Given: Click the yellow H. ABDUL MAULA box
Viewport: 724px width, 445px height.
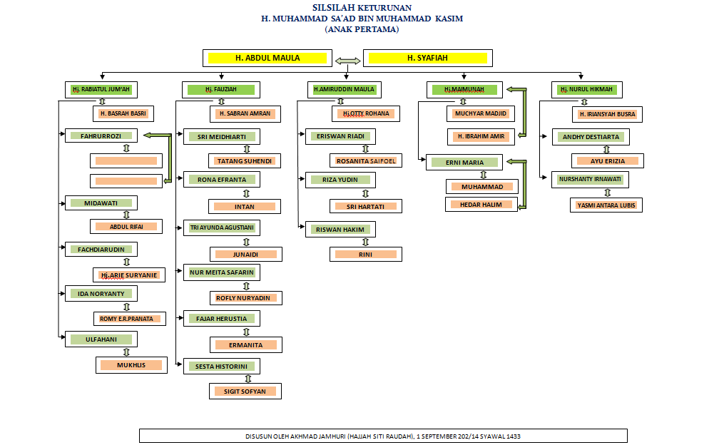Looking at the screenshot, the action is point(267,58).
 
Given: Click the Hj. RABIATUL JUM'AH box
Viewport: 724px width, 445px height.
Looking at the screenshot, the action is point(101,90).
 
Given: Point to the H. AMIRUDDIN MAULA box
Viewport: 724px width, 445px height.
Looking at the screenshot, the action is point(344,90).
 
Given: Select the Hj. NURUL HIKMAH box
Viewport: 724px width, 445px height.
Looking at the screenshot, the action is point(586,90).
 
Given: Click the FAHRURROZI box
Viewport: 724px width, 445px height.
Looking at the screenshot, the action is point(100,135).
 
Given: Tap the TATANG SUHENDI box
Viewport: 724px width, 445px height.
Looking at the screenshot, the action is point(245,161).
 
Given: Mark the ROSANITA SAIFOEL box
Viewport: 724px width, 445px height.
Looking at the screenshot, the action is point(366,161).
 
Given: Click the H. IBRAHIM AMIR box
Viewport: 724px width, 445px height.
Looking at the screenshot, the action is point(480,136).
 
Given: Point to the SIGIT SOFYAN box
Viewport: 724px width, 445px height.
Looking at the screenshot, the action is point(246,392).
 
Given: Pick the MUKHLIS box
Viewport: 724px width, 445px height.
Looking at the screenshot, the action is point(131,365).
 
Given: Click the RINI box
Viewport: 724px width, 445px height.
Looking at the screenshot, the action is point(365,255).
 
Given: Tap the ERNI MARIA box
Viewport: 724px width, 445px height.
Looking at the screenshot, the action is point(464,163).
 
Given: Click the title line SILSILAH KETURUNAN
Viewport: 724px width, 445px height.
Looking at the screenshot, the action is point(362,8).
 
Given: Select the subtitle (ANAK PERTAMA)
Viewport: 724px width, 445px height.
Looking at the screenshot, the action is point(362,30).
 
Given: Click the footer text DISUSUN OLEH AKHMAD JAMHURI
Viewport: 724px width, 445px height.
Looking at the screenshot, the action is point(383,436).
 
